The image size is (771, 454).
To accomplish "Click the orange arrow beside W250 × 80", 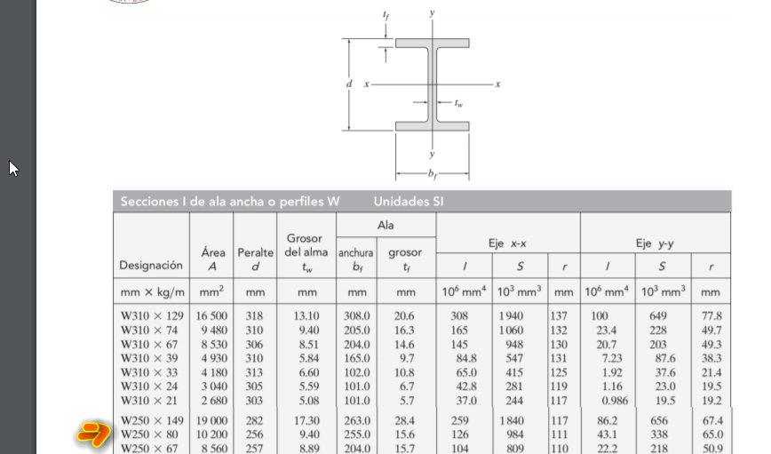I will [x=91, y=434].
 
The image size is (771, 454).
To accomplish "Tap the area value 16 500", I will [x=207, y=316].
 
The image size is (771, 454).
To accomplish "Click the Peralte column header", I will [x=255, y=253].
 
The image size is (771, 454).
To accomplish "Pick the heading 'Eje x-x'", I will [x=507, y=243].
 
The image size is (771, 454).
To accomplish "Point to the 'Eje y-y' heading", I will [x=655, y=243].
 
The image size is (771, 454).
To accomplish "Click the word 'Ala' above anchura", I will [x=385, y=226].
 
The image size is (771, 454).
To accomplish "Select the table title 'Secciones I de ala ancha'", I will [x=230, y=202].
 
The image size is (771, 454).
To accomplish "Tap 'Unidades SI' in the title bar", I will [x=409, y=202].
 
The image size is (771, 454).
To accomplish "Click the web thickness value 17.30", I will [x=307, y=421].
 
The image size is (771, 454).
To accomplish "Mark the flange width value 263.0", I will [x=357, y=421].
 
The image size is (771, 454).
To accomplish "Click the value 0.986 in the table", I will [x=608, y=401].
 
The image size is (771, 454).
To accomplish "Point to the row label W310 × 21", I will [x=151, y=401].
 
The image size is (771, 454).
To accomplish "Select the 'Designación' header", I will [x=151, y=265].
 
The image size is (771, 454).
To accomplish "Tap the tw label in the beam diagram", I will [x=458, y=102].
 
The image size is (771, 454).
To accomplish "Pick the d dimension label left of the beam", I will [x=349, y=84].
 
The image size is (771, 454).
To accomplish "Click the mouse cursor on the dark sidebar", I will [x=13, y=168].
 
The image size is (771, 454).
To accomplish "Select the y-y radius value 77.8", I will [x=711, y=316].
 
